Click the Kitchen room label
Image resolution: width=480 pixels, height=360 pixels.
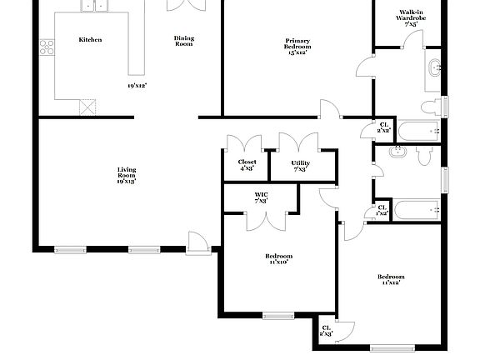point(90,39)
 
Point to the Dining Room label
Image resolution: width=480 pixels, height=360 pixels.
point(183,40)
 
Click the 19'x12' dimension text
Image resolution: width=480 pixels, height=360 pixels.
point(138,85)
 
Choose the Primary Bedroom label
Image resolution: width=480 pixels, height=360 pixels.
point(297,44)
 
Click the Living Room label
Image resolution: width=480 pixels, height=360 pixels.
point(126,175)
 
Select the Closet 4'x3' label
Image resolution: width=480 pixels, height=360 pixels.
point(247,165)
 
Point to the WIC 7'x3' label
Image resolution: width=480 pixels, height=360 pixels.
point(261,197)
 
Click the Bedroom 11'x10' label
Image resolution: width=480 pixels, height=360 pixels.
point(278,258)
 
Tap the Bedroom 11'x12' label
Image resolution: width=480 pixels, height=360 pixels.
point(390,280)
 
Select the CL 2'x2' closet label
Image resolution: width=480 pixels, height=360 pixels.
point(384,128)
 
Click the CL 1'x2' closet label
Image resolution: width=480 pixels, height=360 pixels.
point(381,210)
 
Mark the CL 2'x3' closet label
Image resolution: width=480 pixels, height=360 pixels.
point(327,332)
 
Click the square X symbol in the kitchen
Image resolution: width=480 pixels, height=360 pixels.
point(87,107)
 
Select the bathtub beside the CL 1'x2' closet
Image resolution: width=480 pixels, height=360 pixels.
point(415,210)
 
